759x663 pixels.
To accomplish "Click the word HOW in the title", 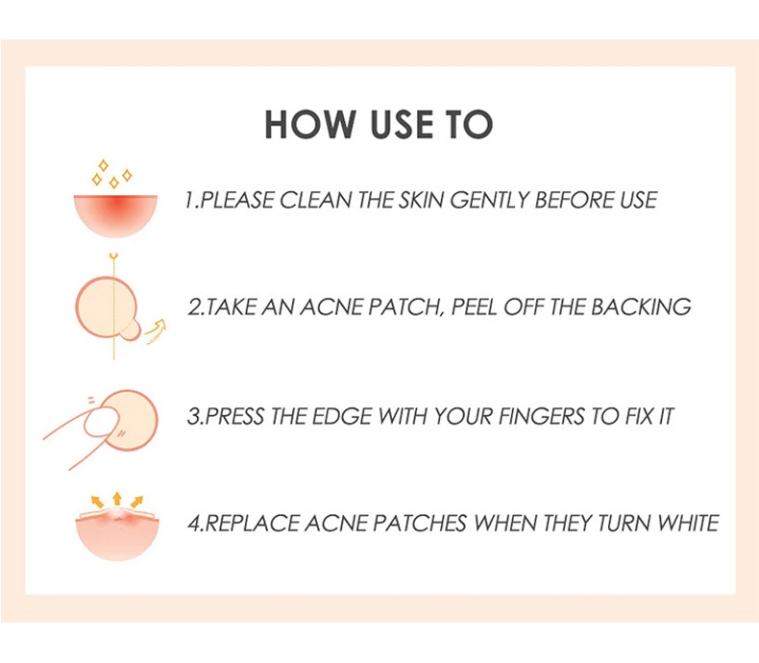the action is (310, 124).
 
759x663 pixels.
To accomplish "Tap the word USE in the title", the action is (402, 124).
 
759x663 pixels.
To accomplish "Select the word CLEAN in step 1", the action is (315, 201).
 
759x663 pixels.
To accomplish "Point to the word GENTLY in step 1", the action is (489, 201).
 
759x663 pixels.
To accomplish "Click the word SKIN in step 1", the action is (421, 201).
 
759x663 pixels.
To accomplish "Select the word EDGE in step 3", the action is (342, 417).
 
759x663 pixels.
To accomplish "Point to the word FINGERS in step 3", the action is (542, 417).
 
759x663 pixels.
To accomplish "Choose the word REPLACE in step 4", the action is (252, 524).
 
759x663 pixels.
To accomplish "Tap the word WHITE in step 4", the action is (688, 524).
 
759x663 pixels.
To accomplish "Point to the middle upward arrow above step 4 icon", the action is (116, 499).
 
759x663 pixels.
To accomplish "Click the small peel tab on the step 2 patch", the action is (130, 332).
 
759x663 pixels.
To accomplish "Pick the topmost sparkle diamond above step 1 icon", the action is (103, 165).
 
